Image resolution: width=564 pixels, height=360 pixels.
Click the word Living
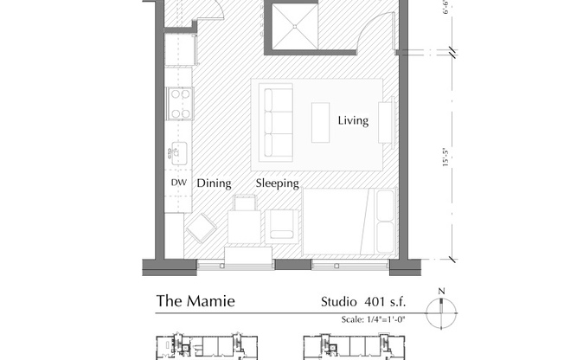[353, 121]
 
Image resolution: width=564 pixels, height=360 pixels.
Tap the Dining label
[214, 183]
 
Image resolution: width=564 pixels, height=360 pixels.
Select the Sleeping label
[277, 183]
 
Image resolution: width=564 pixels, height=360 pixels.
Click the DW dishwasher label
[178, 183]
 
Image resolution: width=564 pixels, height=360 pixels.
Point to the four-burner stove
[180, 103]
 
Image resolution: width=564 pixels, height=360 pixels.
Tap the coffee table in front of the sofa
[321, 122]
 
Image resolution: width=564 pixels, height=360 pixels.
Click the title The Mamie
[195, 302]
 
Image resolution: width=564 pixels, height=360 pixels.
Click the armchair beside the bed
[284, 224]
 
